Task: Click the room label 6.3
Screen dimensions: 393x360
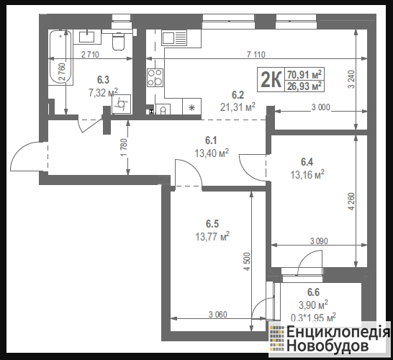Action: point(103,80)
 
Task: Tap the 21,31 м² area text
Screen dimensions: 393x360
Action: point(238,107)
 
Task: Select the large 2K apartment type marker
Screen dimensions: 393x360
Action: point(271,80)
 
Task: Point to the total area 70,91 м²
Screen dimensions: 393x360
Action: point(304,74)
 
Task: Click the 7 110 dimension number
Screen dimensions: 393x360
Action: point(256,55)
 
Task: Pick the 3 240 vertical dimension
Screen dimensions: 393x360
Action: point(352,79)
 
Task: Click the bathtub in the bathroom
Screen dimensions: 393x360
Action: point(60,57)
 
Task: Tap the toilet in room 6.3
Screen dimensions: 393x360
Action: point(118,41)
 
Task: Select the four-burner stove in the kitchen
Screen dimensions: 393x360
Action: point(155,78)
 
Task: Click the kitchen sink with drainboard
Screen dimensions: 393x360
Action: point(174,38)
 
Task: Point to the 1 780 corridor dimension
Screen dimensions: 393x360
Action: point(125,148)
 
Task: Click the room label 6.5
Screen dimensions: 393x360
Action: point(212,224)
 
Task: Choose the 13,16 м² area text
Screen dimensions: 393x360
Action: point(307,174)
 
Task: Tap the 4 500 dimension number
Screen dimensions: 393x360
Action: point(247,261)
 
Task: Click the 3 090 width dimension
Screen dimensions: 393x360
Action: point(319,241)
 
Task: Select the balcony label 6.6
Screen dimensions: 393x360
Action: point(313,292)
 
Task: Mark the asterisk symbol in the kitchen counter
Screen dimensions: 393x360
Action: point(191,108)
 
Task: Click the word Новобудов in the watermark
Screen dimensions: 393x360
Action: point(327,346)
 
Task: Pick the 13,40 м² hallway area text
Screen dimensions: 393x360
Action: point(212,153)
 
